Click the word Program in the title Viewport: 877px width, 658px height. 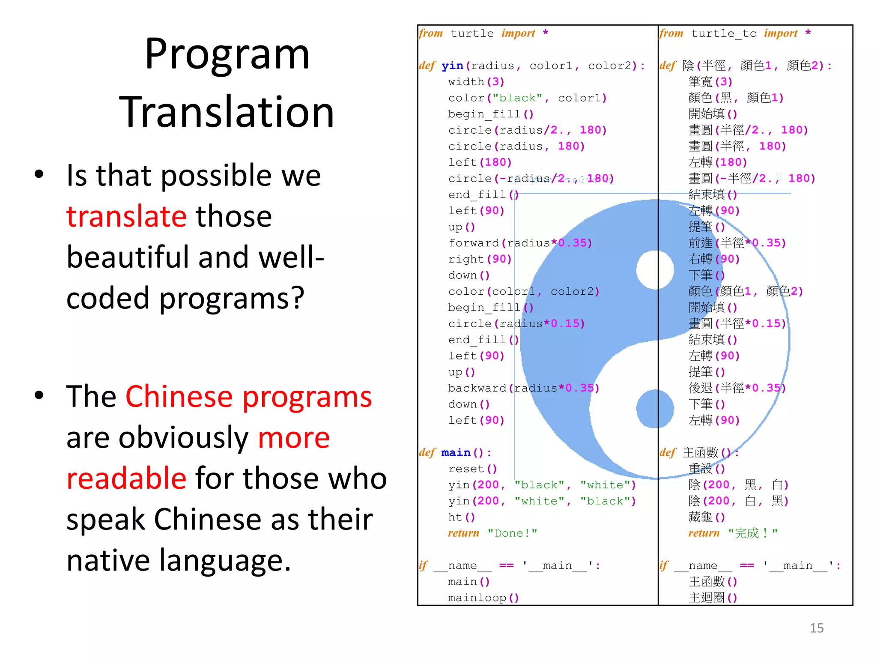227,55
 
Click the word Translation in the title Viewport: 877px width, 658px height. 227,112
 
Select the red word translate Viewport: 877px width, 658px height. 126,216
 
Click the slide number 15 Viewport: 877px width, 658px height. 816,628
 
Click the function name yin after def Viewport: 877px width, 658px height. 452,66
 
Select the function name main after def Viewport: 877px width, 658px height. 456,452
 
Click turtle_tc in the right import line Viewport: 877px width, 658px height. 724,33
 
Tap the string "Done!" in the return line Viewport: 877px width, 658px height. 512,533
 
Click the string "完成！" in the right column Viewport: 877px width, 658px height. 752,533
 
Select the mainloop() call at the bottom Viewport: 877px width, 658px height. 483,598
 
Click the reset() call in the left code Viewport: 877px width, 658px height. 472,469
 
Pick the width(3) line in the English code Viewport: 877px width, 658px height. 476,82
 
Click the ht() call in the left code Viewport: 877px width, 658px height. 461,517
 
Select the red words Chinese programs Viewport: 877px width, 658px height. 248,396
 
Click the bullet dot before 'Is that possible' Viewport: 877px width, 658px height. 39,174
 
